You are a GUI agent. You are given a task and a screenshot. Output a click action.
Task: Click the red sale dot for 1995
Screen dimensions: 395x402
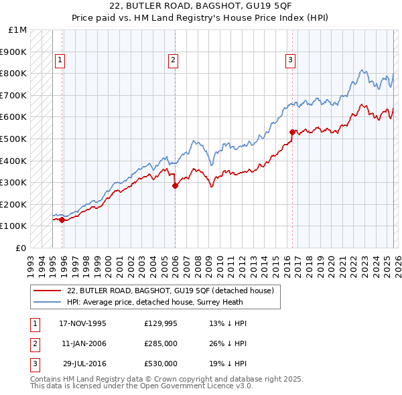(x=62, y=220)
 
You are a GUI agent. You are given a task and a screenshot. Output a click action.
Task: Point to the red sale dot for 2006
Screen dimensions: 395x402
(x=175, y=186)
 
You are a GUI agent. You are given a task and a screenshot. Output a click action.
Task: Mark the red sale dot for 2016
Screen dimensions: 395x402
(x=292, y=133)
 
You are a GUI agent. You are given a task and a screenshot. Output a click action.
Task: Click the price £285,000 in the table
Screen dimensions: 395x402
(x=161, y=343)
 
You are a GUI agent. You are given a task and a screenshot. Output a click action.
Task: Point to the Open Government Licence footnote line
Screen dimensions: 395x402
(x=141, y=386)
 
